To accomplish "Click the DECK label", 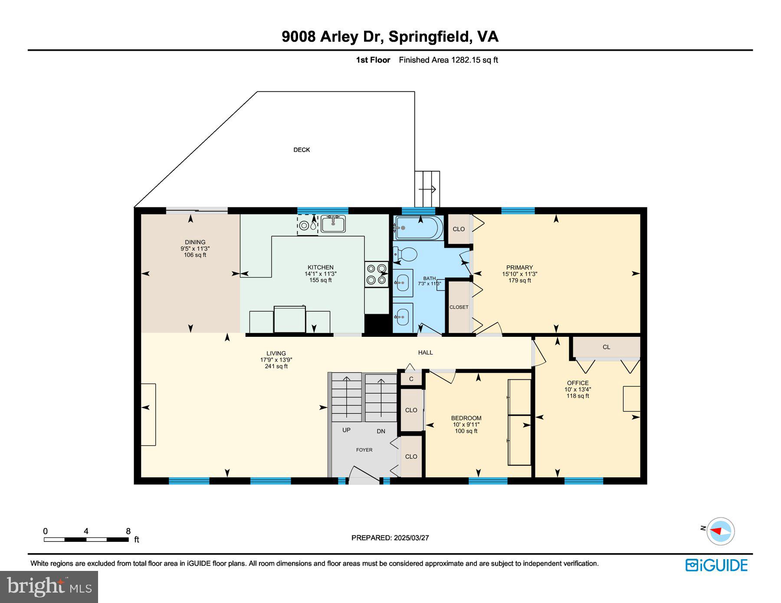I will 302,150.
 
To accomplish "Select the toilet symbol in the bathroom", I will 406,254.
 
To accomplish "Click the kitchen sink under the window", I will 333,224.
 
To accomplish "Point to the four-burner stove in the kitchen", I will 376,274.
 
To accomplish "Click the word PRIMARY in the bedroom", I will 519,267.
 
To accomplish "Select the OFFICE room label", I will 578,383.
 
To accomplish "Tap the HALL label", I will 425,352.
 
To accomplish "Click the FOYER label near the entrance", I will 364,450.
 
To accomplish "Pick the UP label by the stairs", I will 346,430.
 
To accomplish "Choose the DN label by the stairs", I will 381,431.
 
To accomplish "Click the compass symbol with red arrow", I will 720,531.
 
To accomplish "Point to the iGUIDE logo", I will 716,565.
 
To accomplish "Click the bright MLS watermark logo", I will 49,587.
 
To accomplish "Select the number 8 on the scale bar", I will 128,531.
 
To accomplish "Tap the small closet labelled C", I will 411,379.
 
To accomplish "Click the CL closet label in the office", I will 606,347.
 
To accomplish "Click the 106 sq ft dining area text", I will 195,255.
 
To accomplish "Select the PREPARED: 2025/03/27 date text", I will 390,538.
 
